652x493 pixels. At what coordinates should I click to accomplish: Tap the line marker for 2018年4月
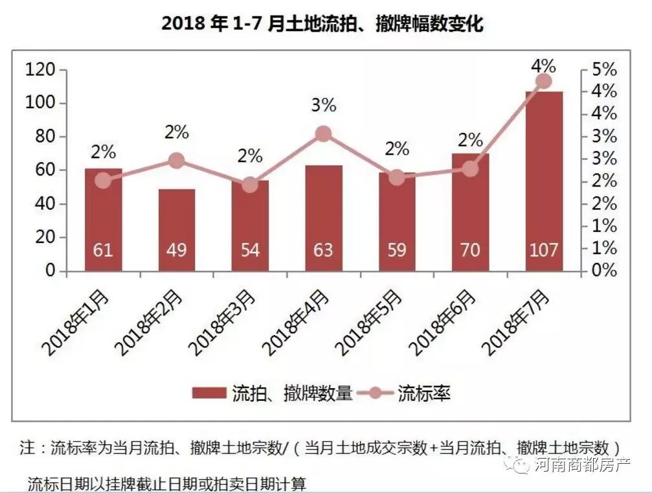(324, 134)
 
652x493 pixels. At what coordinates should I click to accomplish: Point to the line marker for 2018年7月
(544, 81)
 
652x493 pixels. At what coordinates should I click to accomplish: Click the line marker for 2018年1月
(103, 181)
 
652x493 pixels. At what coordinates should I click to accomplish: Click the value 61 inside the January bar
(103, 250)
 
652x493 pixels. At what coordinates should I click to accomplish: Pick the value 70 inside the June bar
(470, 250)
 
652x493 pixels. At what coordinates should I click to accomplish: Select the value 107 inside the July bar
(544, 250)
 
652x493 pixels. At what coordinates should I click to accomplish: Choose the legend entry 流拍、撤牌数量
(272, 393)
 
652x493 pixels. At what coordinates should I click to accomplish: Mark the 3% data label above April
(323, 105)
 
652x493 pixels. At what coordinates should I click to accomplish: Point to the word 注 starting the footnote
(27, 448)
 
